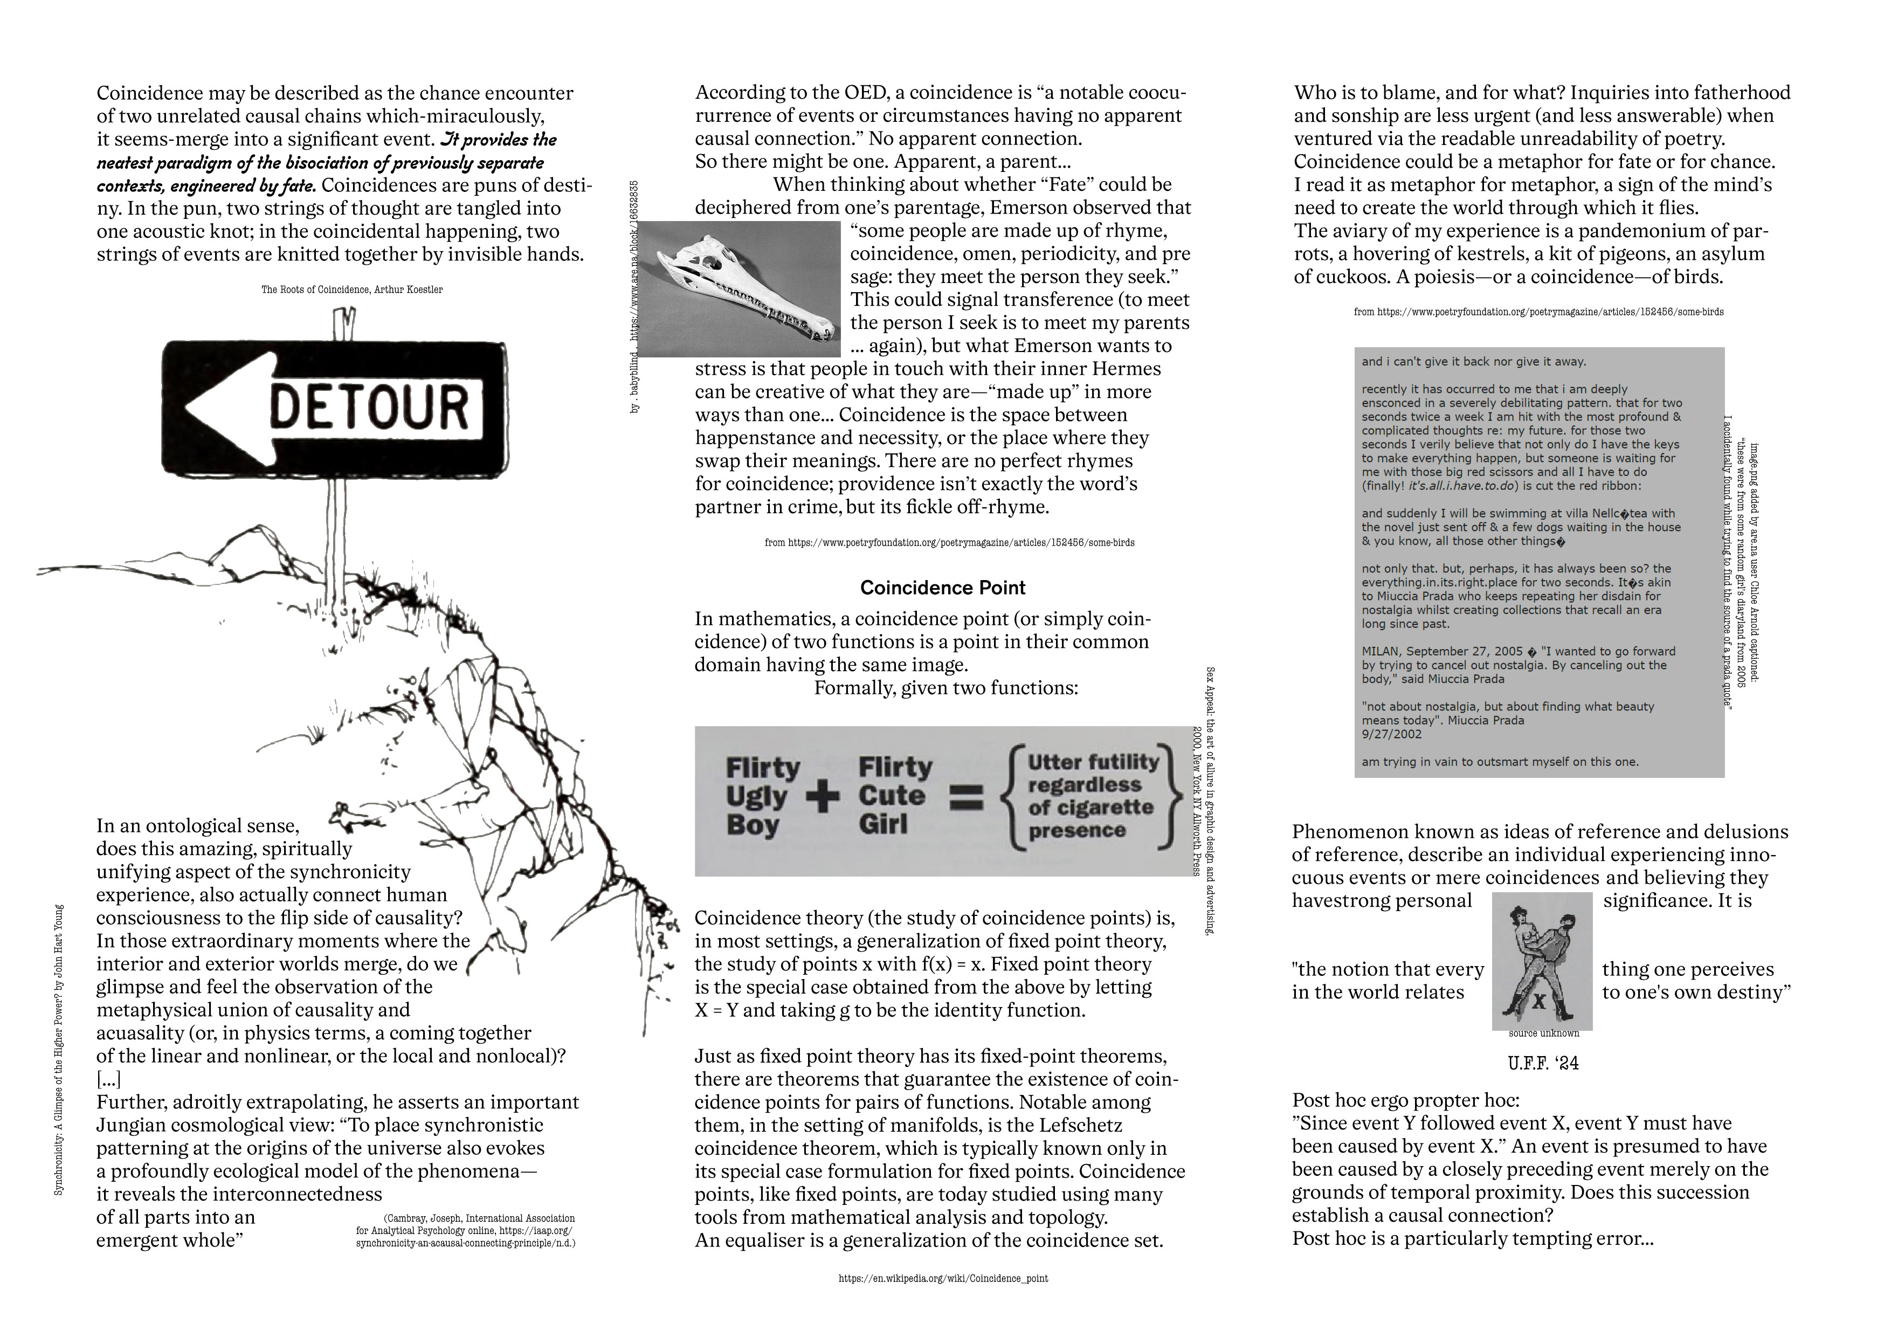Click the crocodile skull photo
739,288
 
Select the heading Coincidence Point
942,587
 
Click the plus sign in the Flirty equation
823,797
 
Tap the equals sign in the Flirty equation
966,797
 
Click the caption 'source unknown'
1543,1033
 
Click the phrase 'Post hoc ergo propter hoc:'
1405,1100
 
